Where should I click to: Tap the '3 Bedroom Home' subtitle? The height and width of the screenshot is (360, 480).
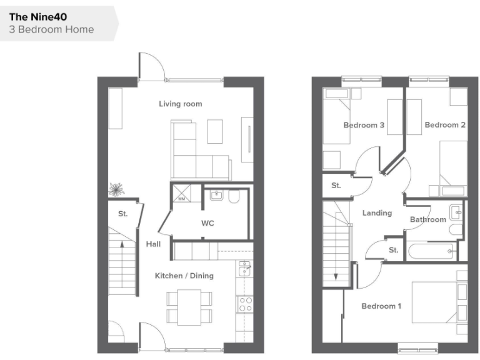coord(51,29)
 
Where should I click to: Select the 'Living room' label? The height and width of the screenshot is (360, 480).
coord(180,104)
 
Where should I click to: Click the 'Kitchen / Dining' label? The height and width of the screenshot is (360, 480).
coord(184,276)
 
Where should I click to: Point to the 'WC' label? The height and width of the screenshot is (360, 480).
coord(207,223)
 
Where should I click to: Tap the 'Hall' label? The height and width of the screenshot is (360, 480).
coord(153,244)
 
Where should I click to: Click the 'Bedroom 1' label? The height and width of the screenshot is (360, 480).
coord(381,306)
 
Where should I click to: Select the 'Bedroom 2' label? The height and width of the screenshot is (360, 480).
coord(445,125)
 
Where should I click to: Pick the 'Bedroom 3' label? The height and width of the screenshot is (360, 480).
coord(364,126)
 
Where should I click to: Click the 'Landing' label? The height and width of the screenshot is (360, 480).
coord(377,213)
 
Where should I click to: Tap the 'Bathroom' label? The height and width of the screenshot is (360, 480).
coord(428,219)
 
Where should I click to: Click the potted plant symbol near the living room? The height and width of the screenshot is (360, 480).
coord(116,188)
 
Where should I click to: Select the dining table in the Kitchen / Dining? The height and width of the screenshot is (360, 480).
coord(189,307)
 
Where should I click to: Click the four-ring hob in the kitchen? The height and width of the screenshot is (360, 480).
coord(245,304)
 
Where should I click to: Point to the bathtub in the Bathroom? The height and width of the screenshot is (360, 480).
coord(432,252)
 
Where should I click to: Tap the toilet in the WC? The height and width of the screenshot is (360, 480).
coord(234,197)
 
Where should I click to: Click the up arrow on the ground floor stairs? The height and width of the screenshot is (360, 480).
coord(121,245)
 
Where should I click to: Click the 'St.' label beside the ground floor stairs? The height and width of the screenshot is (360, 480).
coord(123,214)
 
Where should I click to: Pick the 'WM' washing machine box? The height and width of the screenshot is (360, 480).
coord(182,199)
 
